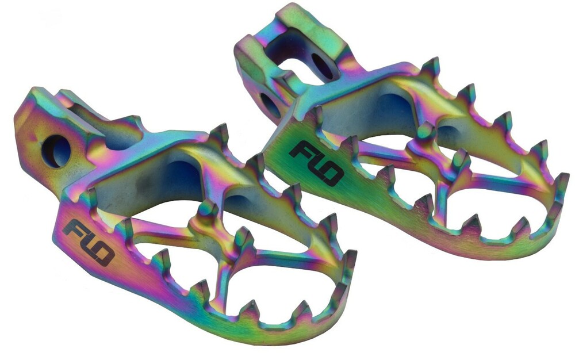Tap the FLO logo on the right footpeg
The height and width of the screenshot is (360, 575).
pyautogui.click(x=316, y=164)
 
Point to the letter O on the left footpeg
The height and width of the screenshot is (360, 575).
pyautogui.click(x=103, y=254)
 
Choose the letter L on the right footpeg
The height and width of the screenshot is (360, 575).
pyautogui.click(x=315, y=163)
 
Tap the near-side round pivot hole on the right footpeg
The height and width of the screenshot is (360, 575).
pyautogui.click(x=270, y=104)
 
